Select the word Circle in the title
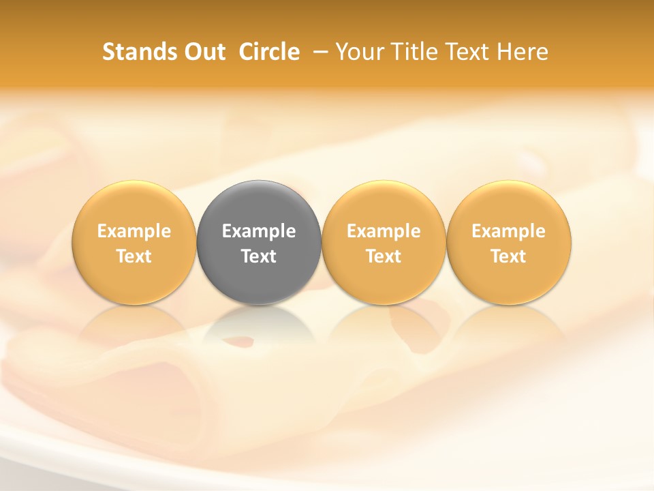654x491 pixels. pyautogui.click(x=269, y=52)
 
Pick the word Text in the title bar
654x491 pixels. pyautogui.click(x=463, y=52)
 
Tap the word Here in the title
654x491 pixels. pyautogui.click(x=520, y=52)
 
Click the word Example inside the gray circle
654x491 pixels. pyautogui.click(x=259, y=231)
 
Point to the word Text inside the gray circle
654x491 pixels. pyautogui.click(x=259, y=256)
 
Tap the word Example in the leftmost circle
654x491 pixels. pyautogui.click(x=134, y=231)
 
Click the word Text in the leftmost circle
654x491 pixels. pyautogui.click(x=134, y=256)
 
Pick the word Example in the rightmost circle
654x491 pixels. pyautogui.click(x=509, y=231)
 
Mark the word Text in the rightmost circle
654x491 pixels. pyautogui.click(x=509, y=256)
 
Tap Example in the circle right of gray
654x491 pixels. pyautogui.click(x=384, y=231)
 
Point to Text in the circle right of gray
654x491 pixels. pyautogui.click(x=384, y=256)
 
